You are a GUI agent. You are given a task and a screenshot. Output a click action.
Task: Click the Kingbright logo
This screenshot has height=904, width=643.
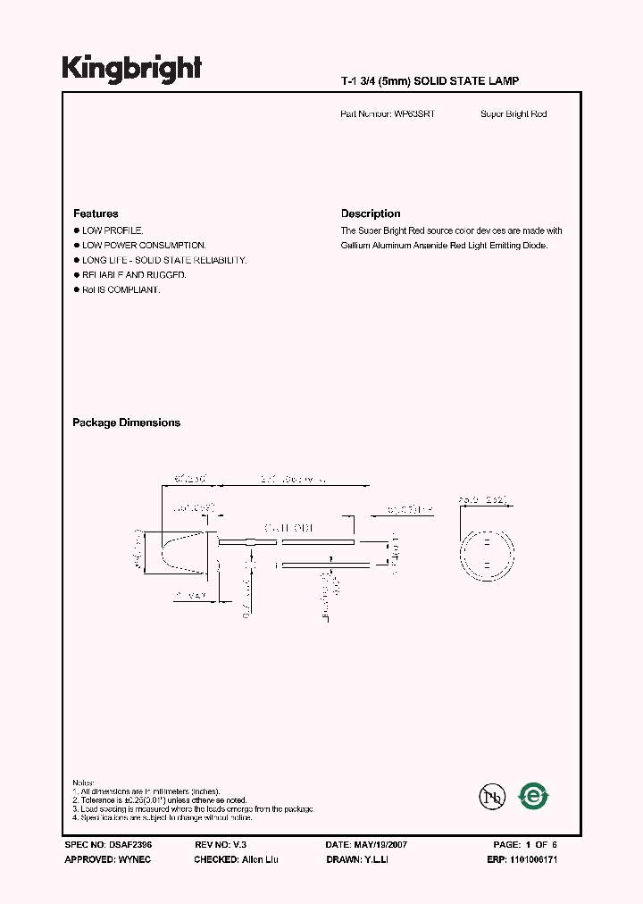click(x=131, y=68)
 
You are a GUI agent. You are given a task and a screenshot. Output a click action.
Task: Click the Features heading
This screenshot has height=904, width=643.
click(x=96, y=213)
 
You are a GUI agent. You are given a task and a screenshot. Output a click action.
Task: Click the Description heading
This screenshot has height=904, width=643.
click(x=371, y=213)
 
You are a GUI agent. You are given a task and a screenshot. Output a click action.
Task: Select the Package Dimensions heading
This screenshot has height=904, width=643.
click(x=126, y=423)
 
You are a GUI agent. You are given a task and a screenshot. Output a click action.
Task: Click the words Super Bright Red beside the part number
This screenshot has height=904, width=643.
click(x=514, y=114)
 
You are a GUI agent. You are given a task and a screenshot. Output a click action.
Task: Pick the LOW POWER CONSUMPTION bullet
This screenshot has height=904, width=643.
click(x=144, y=245)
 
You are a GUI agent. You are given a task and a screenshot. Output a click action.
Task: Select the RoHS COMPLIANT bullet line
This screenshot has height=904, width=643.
click(x=121, y=290)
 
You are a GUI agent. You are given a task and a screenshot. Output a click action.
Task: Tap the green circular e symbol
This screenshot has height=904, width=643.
click(x=534, y=795)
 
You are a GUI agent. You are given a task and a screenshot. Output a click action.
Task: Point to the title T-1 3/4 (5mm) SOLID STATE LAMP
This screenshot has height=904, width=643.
click(x=430, y=81)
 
